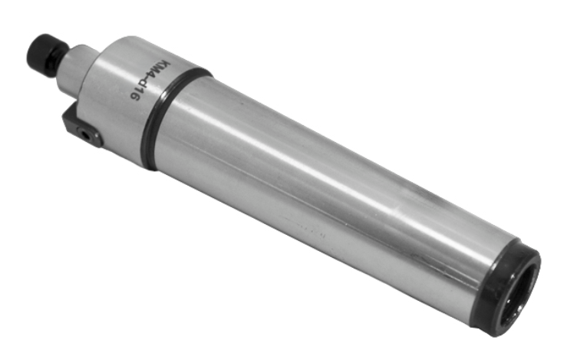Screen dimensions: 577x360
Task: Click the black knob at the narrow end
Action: pyautogui.click(x=46, y=54)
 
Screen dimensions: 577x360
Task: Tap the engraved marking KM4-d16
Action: pyautogui.click(x=150, y=81)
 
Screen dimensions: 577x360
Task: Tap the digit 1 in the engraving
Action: pyautogui.click(x=140, y=92)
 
